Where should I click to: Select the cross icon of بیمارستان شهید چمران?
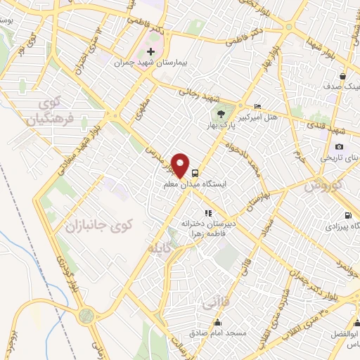click(150, 51)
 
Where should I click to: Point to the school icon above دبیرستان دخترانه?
click(207, 212)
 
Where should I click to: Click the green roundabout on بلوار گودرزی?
click(86, 315)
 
